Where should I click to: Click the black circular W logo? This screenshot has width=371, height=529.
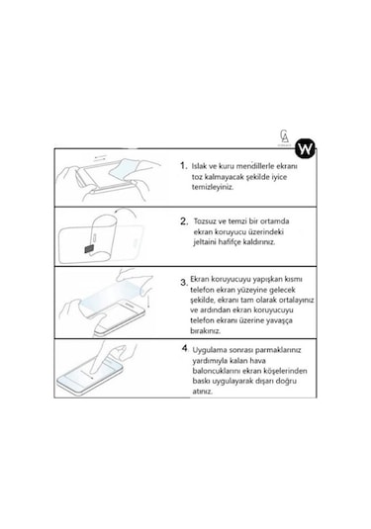pyautogui.click(x=305, y=148)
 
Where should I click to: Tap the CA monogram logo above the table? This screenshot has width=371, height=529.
pyautogui.click(x=284, y=136)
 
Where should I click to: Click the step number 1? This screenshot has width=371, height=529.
pyautogui.click(x=183, y=165)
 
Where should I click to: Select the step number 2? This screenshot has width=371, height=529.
pyautogui.click(x=184, y=221)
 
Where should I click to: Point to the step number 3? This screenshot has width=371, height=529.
pyautogui.click(x=184, y=283)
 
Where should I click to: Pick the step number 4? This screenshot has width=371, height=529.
pyautogui.click(x=185, y=348)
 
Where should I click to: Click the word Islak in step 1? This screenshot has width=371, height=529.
pyautogui.click(x=200, y=166)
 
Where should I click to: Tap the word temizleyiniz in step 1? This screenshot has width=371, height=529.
pyautogui.click(x=213, y=187)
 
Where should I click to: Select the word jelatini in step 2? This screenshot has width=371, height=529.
pyautogui.click(x=204, y=242)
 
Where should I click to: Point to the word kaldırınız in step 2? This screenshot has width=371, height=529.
pyautogui.click(x=259, y=242)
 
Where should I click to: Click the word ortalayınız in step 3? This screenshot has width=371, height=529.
pyautogui.click(x=296, y=300)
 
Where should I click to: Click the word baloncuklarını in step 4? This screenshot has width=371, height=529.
pyautogui.click(x=217, y=371)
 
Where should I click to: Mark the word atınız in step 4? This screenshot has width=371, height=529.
pyautogui.click(x=203, y=392)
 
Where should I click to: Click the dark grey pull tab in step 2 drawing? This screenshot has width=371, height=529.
pyautogui.click(x=88, y=249)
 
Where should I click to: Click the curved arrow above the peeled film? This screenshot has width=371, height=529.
pyautogui.click(x=126, y=213)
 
